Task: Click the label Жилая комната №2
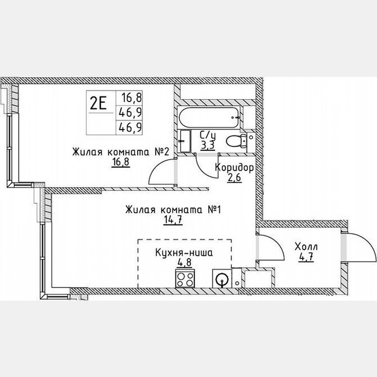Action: (121, 152)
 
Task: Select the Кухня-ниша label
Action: (184, 253)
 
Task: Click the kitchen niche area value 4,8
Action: (184, 263)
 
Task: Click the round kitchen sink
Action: (222, 278)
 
